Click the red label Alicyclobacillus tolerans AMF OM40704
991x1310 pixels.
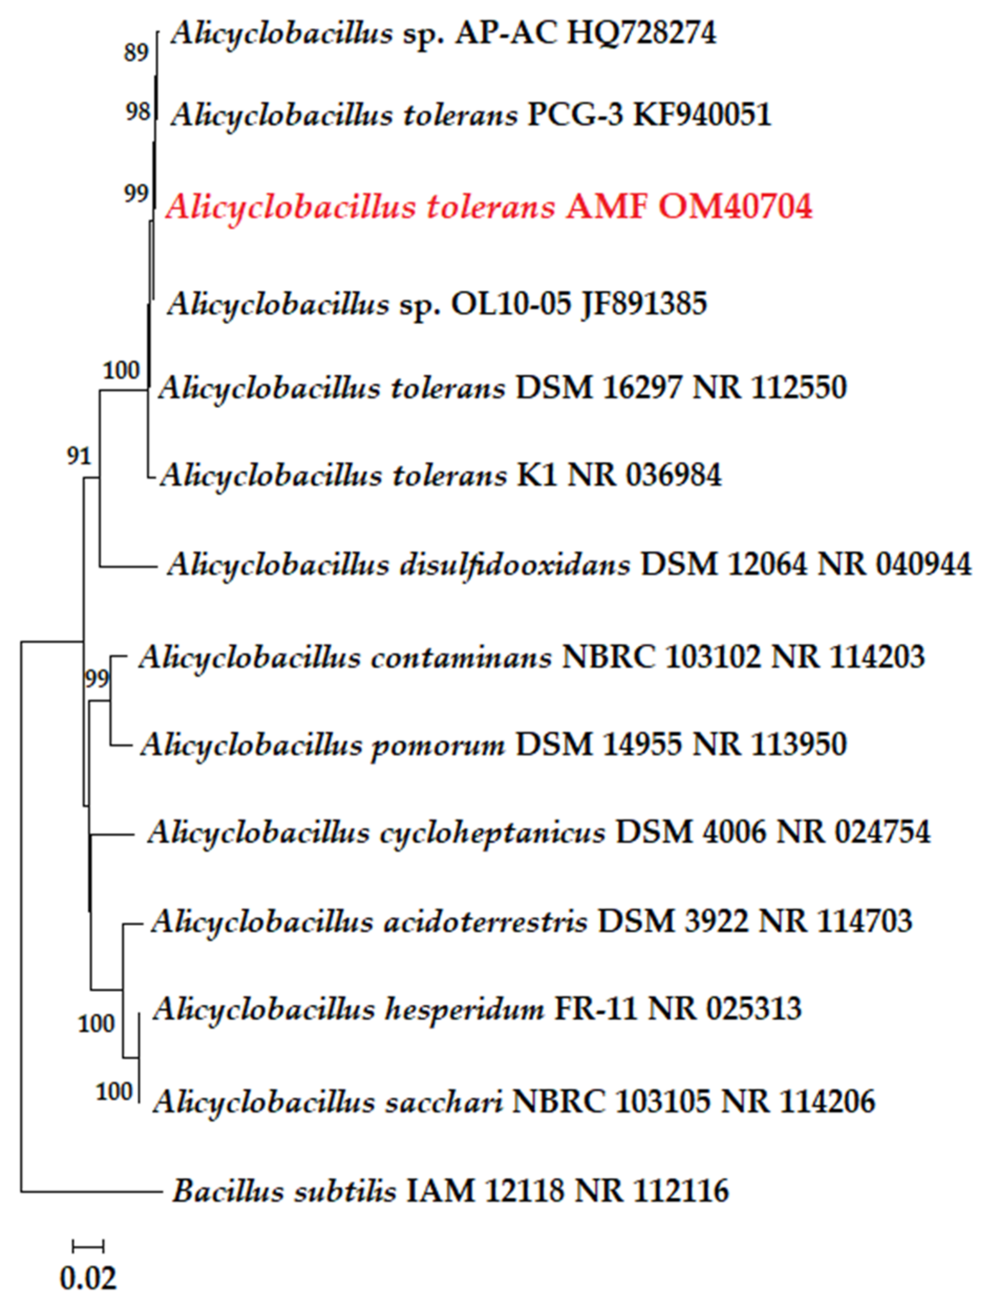[489, 208]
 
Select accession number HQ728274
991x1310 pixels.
[642, 34]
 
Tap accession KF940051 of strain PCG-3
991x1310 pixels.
[702, 115]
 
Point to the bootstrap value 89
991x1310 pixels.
[136, 53]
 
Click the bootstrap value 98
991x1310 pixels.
[137, 111]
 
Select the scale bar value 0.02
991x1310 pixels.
[88, 1278]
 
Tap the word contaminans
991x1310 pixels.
[461, 657]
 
